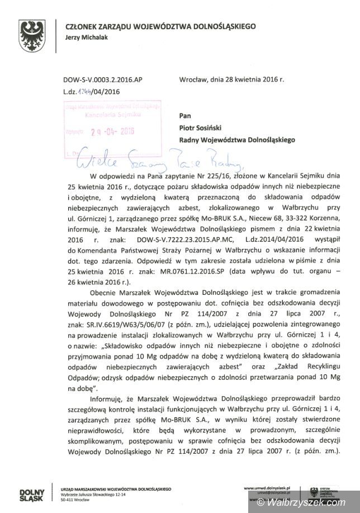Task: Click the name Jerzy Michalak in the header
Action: (x=87, y=37)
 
